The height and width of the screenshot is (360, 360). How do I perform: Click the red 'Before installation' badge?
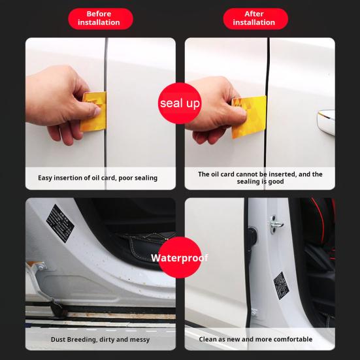point(99,18)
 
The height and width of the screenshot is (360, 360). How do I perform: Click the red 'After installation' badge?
point(254,18)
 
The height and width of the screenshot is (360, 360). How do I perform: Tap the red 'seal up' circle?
point(180,103)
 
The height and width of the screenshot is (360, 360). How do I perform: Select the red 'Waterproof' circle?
point(180,257)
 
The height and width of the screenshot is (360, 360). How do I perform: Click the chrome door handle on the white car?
point(326,121)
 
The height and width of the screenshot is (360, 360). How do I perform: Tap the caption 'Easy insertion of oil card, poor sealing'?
point(97,178)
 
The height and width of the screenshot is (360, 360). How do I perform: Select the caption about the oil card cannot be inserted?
point(260,178)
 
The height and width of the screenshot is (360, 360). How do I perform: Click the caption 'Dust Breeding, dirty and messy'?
point(100,339)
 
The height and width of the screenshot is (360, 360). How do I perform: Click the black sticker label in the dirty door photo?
point(61,220)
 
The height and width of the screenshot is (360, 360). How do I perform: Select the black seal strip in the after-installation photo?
point(268,78)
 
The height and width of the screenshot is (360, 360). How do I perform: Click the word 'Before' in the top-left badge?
point(99,14)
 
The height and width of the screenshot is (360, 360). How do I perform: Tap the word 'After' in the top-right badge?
point(254,14)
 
